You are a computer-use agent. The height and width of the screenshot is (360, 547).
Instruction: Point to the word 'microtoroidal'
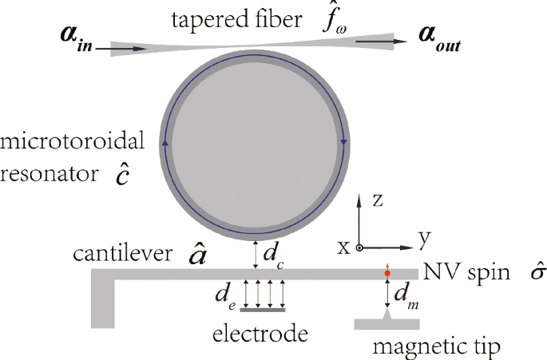pyautogui.click(x=73, y=141)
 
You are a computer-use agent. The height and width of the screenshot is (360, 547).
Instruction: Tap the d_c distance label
pyautogui.click(x=271, y=255)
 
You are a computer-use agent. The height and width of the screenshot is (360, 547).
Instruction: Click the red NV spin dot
pyautogui.click(x=387, y=274)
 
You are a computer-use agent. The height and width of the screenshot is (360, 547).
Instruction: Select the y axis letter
pyautogui.click(x=424, y=237)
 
